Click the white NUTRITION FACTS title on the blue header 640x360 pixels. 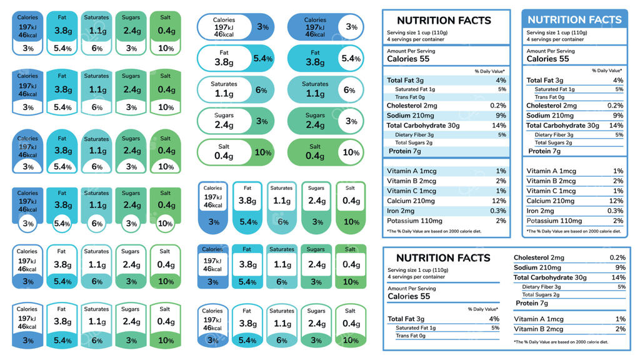(574, 19)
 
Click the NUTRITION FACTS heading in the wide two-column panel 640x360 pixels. (443, 257)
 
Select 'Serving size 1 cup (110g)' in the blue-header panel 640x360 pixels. (557, 32)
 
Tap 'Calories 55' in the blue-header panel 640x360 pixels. (547, 59)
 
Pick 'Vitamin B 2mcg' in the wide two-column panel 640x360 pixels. (538, 329)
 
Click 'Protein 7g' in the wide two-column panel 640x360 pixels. (531, 303)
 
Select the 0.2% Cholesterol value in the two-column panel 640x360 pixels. (617, 257)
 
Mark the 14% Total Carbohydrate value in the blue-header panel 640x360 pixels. (617, 125)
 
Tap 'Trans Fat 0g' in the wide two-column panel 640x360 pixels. (410, 336)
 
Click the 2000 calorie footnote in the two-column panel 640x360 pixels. (561, 342)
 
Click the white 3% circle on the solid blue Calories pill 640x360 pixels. (352, 27)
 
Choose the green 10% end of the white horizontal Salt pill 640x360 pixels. (262, 152)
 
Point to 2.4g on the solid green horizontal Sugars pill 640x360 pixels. (314, 125)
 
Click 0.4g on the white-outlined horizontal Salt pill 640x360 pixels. (224, 156)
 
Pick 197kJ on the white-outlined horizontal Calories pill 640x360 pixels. (224, 27)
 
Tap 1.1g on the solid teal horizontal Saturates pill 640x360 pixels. (314, 94)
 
